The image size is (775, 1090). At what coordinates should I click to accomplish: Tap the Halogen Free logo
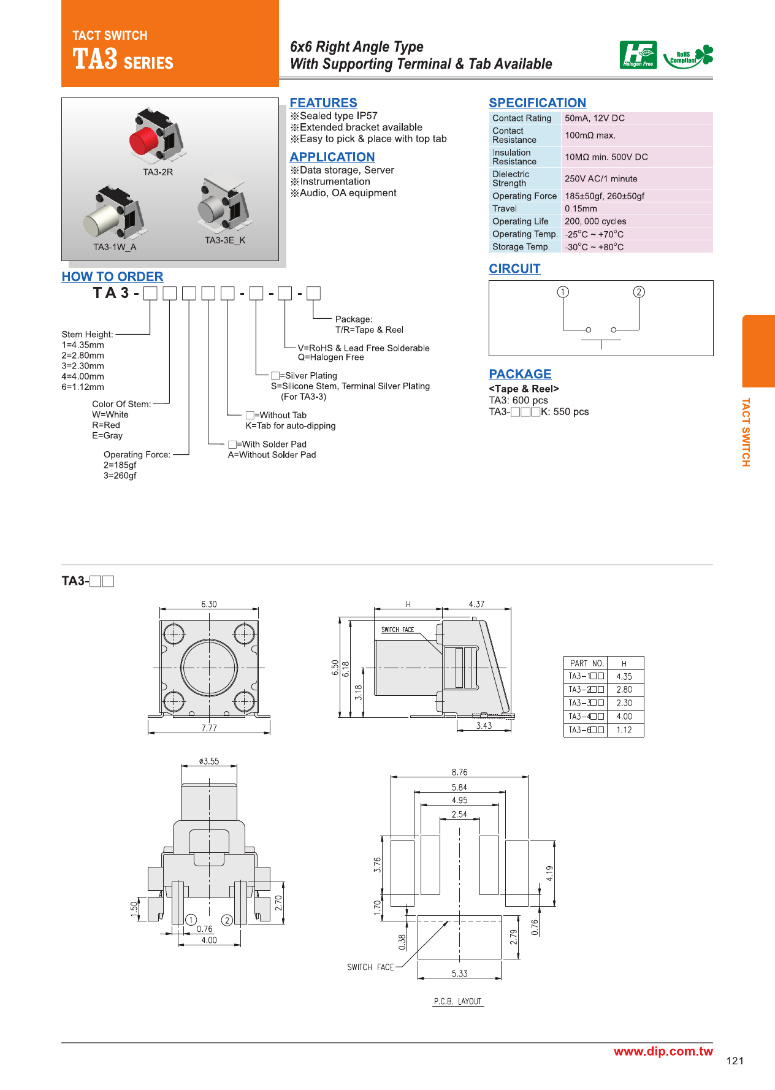point(638,55)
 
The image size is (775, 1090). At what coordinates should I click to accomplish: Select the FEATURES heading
point(323,103)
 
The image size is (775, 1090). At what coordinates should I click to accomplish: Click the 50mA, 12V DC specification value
point(594,118)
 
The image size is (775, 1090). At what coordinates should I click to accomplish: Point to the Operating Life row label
point(520,221)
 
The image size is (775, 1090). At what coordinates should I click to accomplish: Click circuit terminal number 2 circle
point(638,292)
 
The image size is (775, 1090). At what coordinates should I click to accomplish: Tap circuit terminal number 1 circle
point(562,292)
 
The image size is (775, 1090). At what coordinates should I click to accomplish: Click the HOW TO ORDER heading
point(112,276)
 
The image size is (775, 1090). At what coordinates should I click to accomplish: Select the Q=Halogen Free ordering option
point(330,357)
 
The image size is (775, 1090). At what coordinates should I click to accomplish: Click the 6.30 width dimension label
point(208,604)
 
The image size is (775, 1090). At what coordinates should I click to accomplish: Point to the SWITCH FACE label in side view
point(397,630)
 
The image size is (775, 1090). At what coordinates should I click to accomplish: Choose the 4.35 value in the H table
point(624,677)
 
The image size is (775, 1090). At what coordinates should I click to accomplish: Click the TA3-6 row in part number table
point(586,730)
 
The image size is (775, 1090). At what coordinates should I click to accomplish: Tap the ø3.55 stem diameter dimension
point(208,761)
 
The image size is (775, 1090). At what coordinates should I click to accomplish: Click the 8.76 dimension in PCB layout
point(459,772)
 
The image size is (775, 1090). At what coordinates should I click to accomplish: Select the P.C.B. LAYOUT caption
point(458,1001)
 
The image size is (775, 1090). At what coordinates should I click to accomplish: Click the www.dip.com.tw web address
point(663,1051)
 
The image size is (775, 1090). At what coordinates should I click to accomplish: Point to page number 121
point(734,1061)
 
